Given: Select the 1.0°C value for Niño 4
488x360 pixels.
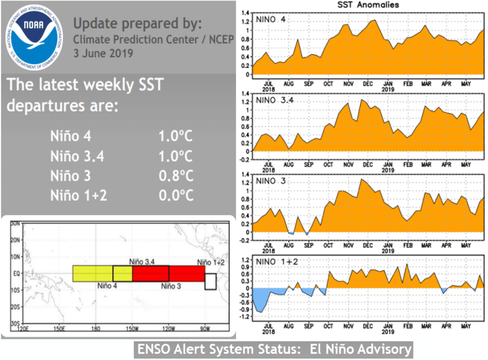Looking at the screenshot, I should click(176, 136).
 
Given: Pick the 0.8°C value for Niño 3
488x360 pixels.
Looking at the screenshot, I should click(176, 176).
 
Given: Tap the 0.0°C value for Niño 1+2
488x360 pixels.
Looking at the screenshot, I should click(176, 195).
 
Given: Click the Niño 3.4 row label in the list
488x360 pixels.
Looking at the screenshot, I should click(77, 156).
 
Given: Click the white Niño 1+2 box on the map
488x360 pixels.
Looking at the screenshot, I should click(210, 281).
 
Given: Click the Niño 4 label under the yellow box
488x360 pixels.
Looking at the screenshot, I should click(108, 287).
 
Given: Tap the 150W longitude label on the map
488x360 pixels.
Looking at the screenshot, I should click(132, 329).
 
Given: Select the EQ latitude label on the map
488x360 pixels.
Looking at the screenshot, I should click(15, 274).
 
